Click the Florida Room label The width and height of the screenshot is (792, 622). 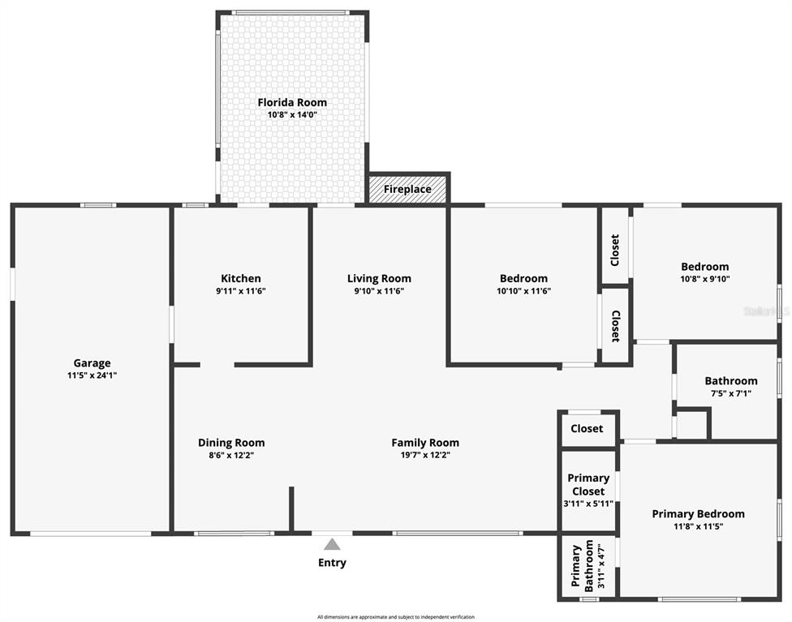[x=292, y=102]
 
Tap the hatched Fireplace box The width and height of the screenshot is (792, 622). [x=407, y=190]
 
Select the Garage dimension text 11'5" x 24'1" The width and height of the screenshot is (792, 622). [x=92, y=376]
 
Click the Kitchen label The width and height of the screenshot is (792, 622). [x=241, y=278]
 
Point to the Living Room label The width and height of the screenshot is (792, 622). [x=379, y=278]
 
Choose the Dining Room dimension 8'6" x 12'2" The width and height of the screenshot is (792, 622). [x=231, y=456]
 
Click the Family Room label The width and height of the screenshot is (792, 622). [x=425, y=443]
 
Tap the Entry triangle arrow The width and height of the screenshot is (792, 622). [x=332, y=545]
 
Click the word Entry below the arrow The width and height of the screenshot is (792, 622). [x=332, y=563]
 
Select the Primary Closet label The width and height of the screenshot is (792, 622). [x=588, y=484]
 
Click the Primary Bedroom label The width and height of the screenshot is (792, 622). [x=698, y=513]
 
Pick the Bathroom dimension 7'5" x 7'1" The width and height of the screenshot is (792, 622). [x=730, y=393]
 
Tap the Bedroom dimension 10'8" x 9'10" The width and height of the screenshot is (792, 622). [x=704, y=279]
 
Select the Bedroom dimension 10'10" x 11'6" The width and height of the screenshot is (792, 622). [x=523, y=291]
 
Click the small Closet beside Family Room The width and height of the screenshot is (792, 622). [x=587, y=428]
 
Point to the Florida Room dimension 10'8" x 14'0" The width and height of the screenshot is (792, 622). [x=292, y=115]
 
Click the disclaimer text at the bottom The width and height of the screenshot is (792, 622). [x=396, y=617]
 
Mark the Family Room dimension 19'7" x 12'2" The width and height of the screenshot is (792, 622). [x=425, y=456]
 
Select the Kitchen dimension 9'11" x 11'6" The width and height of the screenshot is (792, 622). [x=241, y=291]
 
